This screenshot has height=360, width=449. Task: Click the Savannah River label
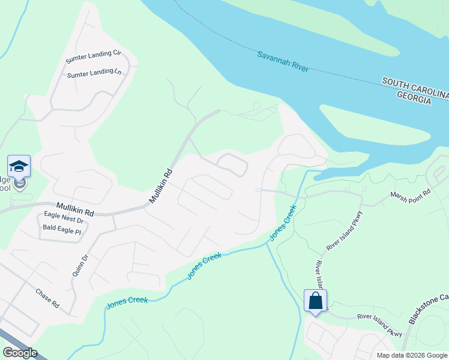pos(283,62)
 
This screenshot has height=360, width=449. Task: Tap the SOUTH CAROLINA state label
pos(415,83)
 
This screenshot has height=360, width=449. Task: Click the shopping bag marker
pos(316,301)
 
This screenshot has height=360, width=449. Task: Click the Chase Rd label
pos(47,298)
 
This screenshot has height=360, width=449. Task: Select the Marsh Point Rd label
pos(411,195)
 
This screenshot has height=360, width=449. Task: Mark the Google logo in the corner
pos(20,353)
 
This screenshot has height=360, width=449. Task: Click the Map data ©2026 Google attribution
pos(411,355)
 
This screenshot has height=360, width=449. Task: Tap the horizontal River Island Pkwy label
pos(379,324)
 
